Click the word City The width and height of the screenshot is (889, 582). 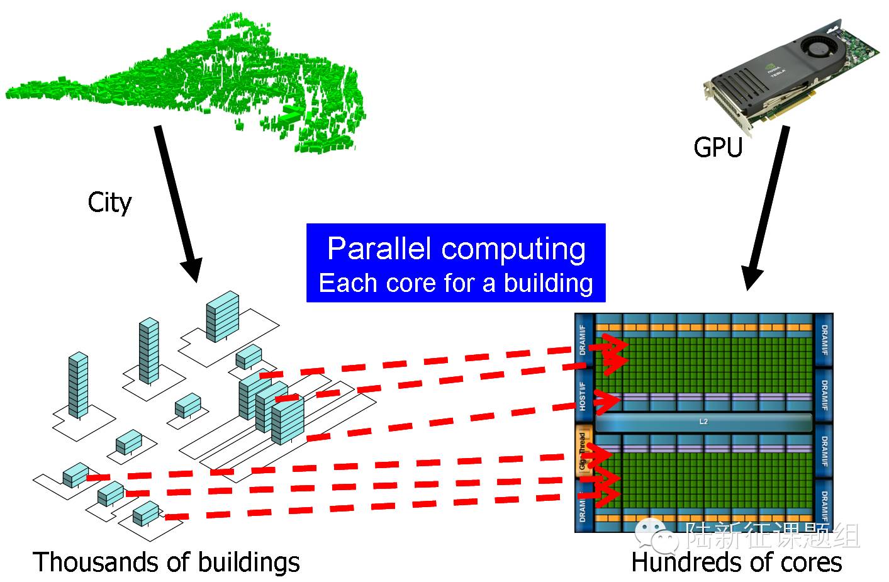pos(109,203)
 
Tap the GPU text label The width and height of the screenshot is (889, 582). pos(718,147)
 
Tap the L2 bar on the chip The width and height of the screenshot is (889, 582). pos(703,422)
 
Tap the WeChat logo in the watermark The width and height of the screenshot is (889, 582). pos(656,535)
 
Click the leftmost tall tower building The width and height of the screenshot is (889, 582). pos(78,384)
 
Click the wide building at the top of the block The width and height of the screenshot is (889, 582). pos(223,316)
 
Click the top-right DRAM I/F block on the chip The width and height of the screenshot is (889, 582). pos(824,340)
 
